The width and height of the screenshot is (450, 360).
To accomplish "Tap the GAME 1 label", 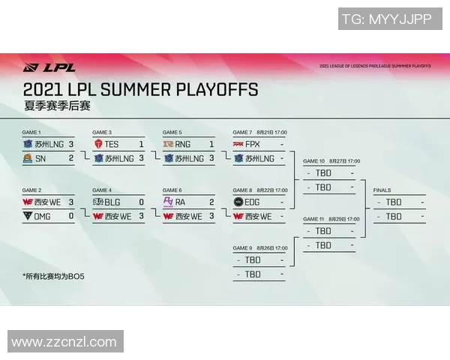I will pos(31,132).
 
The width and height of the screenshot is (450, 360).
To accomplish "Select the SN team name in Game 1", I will pos(40,158).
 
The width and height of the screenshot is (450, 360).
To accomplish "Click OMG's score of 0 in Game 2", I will pos(70,216).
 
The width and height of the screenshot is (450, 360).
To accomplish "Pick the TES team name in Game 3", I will pos(112,144).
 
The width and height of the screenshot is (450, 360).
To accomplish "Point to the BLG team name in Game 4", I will pos(112,202).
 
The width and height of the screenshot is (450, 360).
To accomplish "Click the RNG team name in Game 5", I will pos(183,144).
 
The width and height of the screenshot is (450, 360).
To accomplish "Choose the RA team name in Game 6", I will pos(180,202).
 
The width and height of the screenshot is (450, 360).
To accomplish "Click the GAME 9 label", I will pos(243,248).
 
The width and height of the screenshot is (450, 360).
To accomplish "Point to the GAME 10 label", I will pos(314,161).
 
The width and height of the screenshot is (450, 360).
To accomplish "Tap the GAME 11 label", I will pos(313,219).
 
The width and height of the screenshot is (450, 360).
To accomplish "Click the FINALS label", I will pos(382,190).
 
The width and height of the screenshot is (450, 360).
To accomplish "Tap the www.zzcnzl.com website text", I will pos(64,342).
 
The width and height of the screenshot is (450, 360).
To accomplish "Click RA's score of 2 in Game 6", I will pos(211,202).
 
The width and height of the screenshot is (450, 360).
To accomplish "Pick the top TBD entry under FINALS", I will pos(393,202).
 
